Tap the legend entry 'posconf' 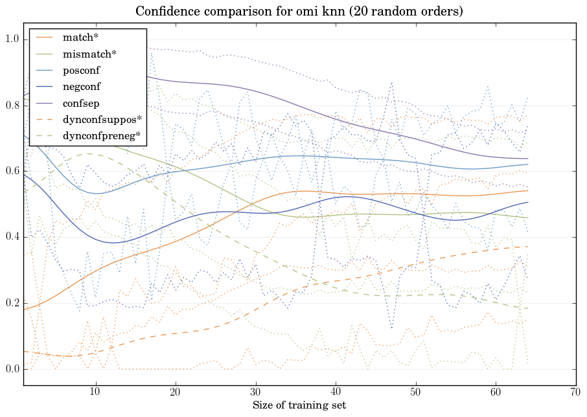point(81,70)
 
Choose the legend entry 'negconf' point(82,86)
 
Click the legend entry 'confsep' point(81,102)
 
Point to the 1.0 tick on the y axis point(12,40)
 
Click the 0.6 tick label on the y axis point(12,172)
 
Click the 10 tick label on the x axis point(95,392)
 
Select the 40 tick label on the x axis point(336,392)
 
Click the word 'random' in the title point(379,12)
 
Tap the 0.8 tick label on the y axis point(12,106)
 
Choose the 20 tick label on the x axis point(176,392)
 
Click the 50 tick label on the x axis point(415,392)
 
